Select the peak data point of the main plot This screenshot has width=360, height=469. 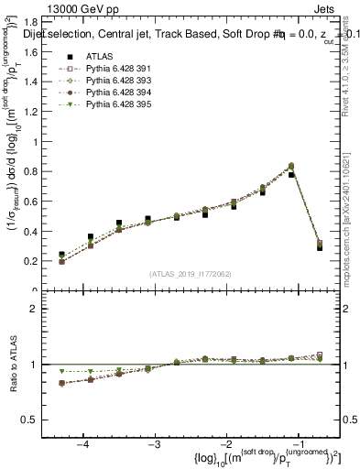pos(291,166)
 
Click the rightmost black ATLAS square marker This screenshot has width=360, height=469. pos(320,247)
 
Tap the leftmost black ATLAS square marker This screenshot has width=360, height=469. pos(61,255)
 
